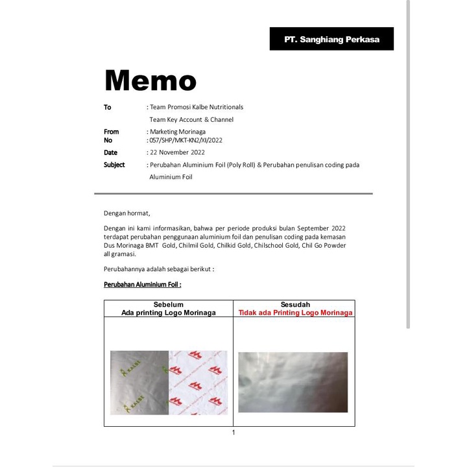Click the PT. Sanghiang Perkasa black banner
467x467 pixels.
[331, 39]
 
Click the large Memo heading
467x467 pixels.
[150, 80]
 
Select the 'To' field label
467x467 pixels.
[108, 107]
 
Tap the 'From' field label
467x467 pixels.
[112, 132]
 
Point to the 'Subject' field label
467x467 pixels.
[114, 165]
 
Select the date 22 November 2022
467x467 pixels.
[177, 152]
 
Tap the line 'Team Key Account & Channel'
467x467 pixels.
[191, 119]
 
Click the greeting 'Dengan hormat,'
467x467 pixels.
[127, 213]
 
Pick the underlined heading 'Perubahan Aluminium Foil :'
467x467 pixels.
[143, 284]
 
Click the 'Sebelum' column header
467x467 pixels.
[168, 305]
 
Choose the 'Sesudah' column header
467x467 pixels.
[295, 305]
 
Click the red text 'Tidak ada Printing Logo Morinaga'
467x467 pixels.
[296, 313]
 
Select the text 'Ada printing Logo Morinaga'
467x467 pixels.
[168, 313]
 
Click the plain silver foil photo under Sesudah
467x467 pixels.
[293, 382]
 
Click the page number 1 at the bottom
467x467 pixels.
[233, 433]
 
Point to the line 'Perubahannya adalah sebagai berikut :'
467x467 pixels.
[159, 269]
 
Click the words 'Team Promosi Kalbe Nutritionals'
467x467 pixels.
[197, 107]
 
